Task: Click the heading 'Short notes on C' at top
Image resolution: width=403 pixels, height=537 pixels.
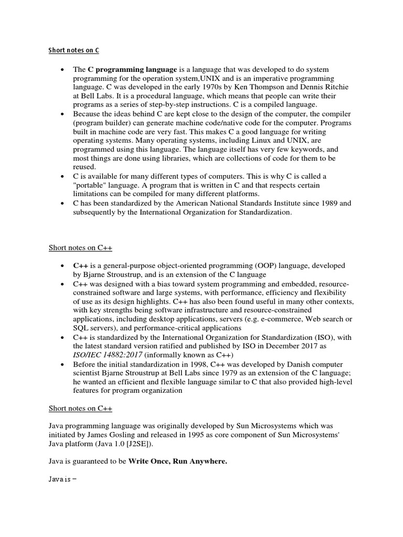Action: [x=73, y=51]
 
